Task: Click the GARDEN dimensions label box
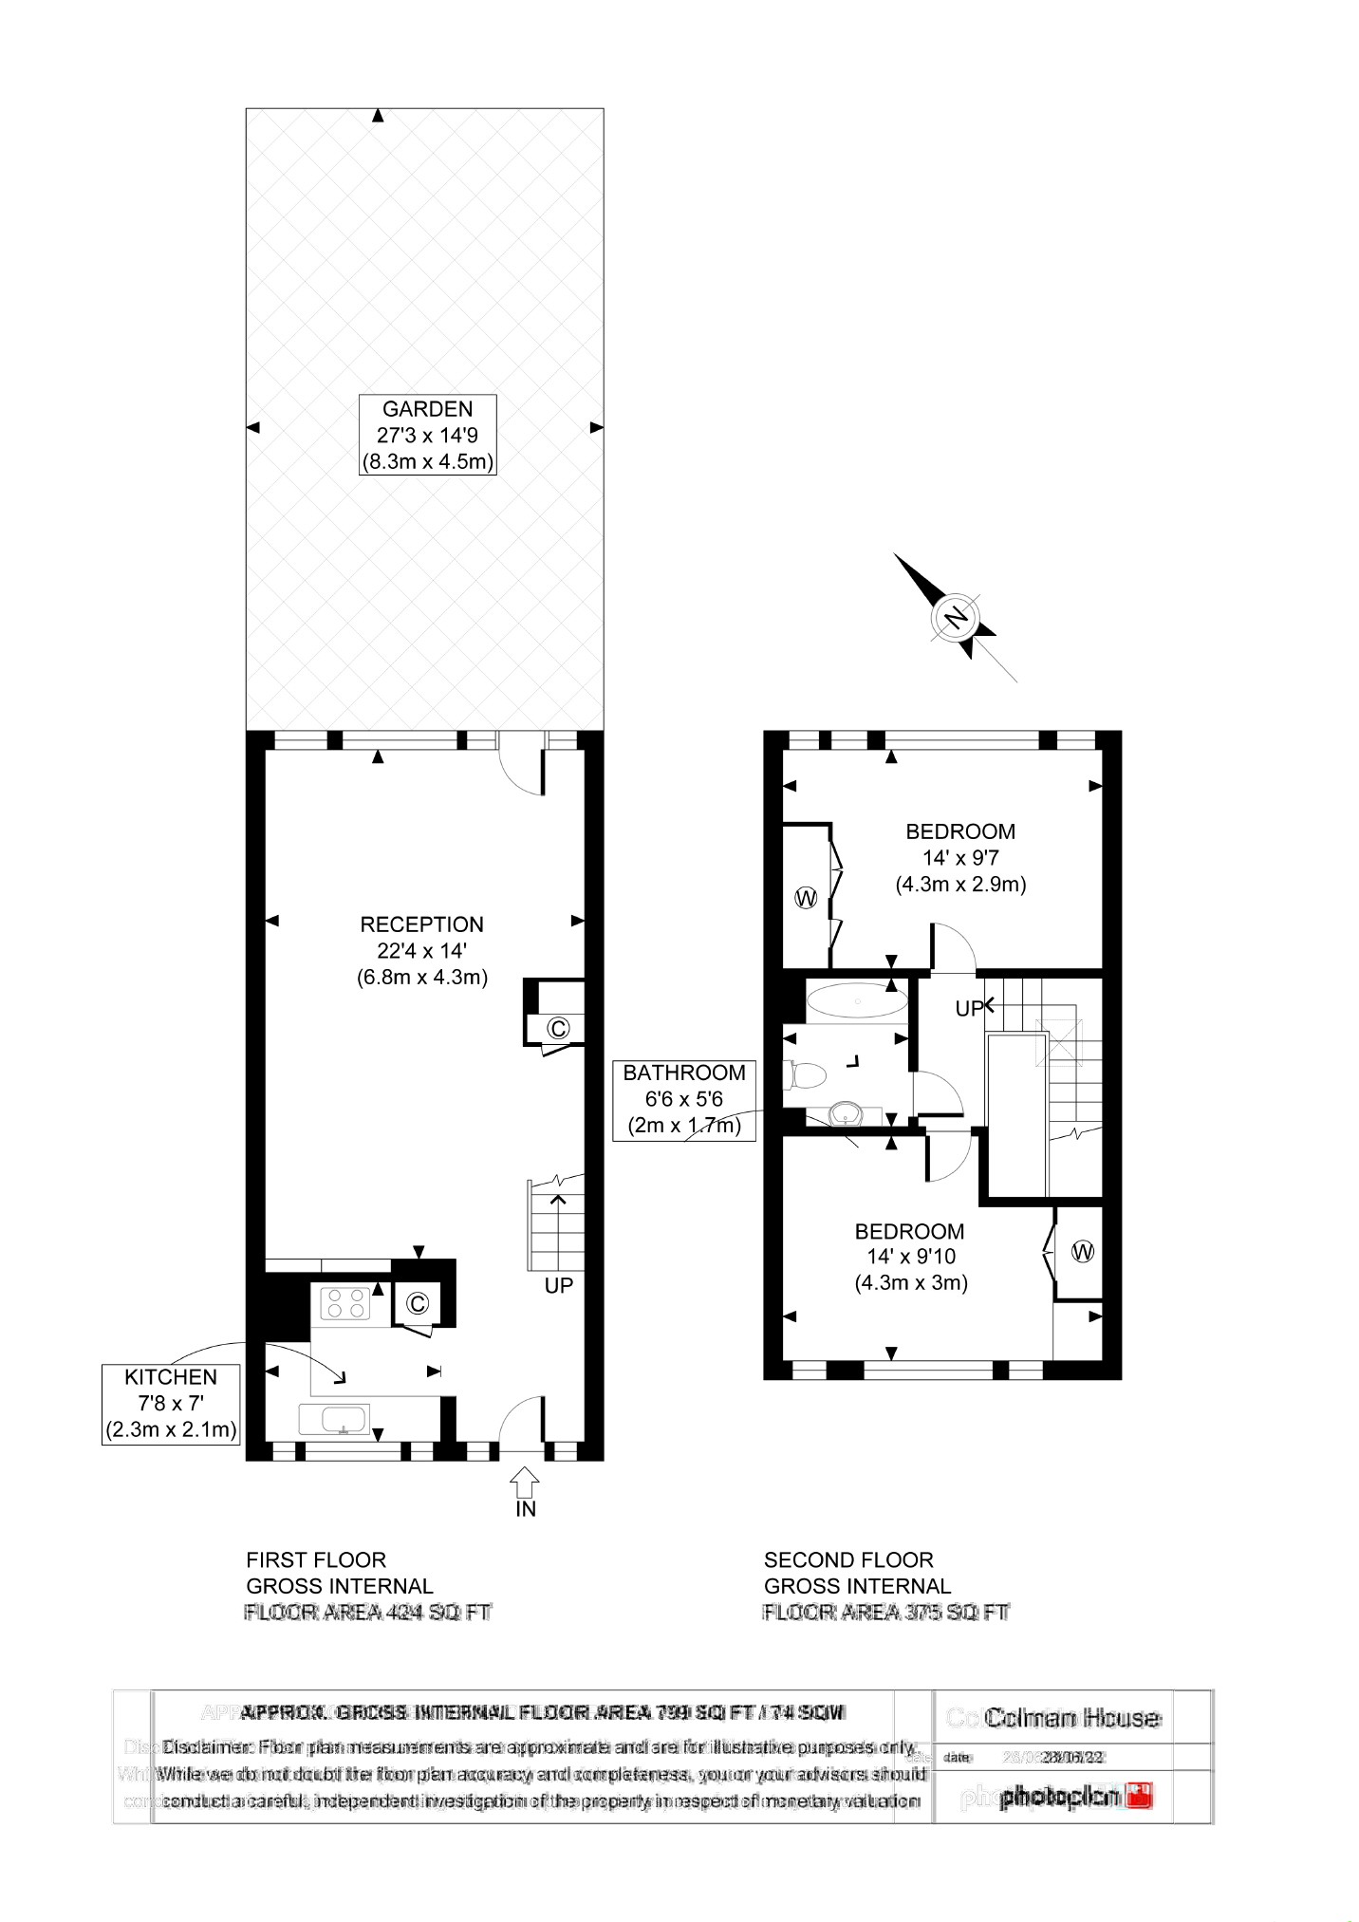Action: click(427, 435)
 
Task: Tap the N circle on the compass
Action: click(957, 618)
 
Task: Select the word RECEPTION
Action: click(421, 924)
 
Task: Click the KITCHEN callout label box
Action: click(171, 1404)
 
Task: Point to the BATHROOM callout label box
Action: click(683, 1100)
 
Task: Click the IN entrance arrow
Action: click(525, 1483)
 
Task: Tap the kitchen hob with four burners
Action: click(344, 1303)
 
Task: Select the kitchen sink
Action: click(334, 1420)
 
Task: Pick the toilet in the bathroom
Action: click(804, 1075)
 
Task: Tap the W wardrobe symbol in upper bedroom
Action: click(806, 898)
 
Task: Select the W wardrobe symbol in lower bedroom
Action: click(1082, 1252)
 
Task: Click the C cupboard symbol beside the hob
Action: click(417, 1304)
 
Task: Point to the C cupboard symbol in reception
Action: click(558, 1028)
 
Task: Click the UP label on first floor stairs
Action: click(558, 1285)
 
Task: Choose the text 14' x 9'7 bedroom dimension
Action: click(960, 858)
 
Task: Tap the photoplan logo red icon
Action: click(1139, 1796)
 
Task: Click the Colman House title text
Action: click(1072, 1718)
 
